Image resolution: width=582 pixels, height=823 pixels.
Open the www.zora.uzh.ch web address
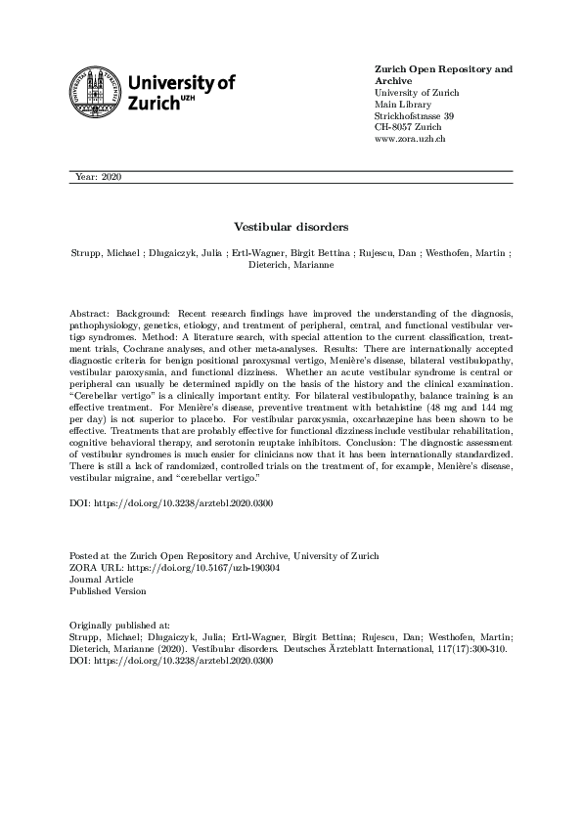[x=411, y=140]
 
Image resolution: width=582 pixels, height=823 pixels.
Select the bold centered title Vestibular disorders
[x=291, y=227]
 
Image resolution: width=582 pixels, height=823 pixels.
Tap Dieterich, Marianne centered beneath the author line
[x=291, y=265]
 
